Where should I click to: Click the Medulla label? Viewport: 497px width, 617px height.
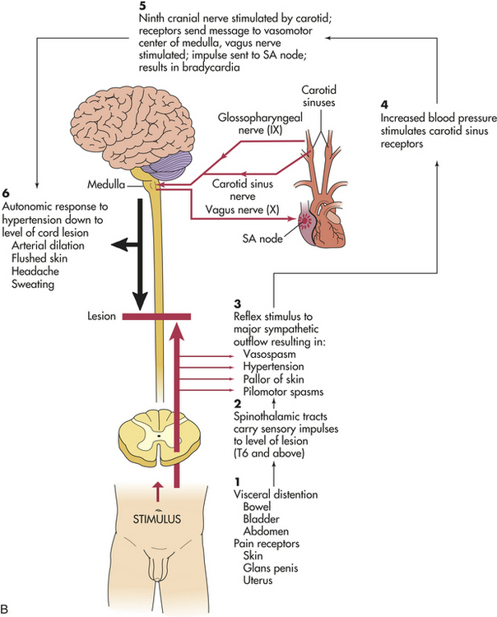tap(106, 184)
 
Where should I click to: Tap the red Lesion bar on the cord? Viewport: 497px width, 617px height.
tap(156, 317)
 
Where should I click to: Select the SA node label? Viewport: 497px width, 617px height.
tap(262, 239)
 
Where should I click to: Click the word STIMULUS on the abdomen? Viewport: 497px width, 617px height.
tap(156, 519)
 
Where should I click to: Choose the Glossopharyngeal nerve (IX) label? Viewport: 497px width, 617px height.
tap(260, 123)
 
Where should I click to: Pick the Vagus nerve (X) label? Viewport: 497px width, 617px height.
tap(242, 210)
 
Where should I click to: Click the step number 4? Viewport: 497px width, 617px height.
tap(384, 104)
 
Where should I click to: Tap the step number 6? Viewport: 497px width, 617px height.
tap(6, 193)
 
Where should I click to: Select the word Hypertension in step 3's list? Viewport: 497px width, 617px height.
tap(273, 366)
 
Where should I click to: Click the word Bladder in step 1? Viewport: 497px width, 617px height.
tap(262, 519)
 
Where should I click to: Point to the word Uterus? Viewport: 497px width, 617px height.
tap(258, 580)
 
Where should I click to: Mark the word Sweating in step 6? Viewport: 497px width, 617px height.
tap(33, 284)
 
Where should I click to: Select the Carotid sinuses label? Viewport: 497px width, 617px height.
tap(319, 96)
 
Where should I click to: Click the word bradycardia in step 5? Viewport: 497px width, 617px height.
tap(211, 67)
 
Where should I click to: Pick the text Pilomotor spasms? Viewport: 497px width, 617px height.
tap(283, 392)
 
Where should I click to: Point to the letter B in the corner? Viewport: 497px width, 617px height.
tap(4, 609)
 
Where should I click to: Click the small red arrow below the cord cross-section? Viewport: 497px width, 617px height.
tap(158, 491)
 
